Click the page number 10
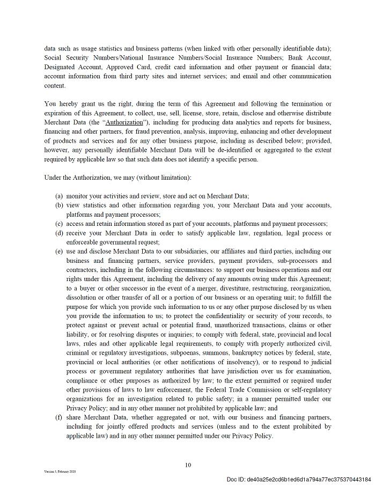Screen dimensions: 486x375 point(188,465)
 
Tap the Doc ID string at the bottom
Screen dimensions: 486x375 point(298,479)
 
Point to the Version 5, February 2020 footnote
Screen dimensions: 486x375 point(60,472)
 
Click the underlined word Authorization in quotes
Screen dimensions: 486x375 point(124,122)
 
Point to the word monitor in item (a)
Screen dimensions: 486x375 point(78,196)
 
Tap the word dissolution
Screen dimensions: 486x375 point(83,297)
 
